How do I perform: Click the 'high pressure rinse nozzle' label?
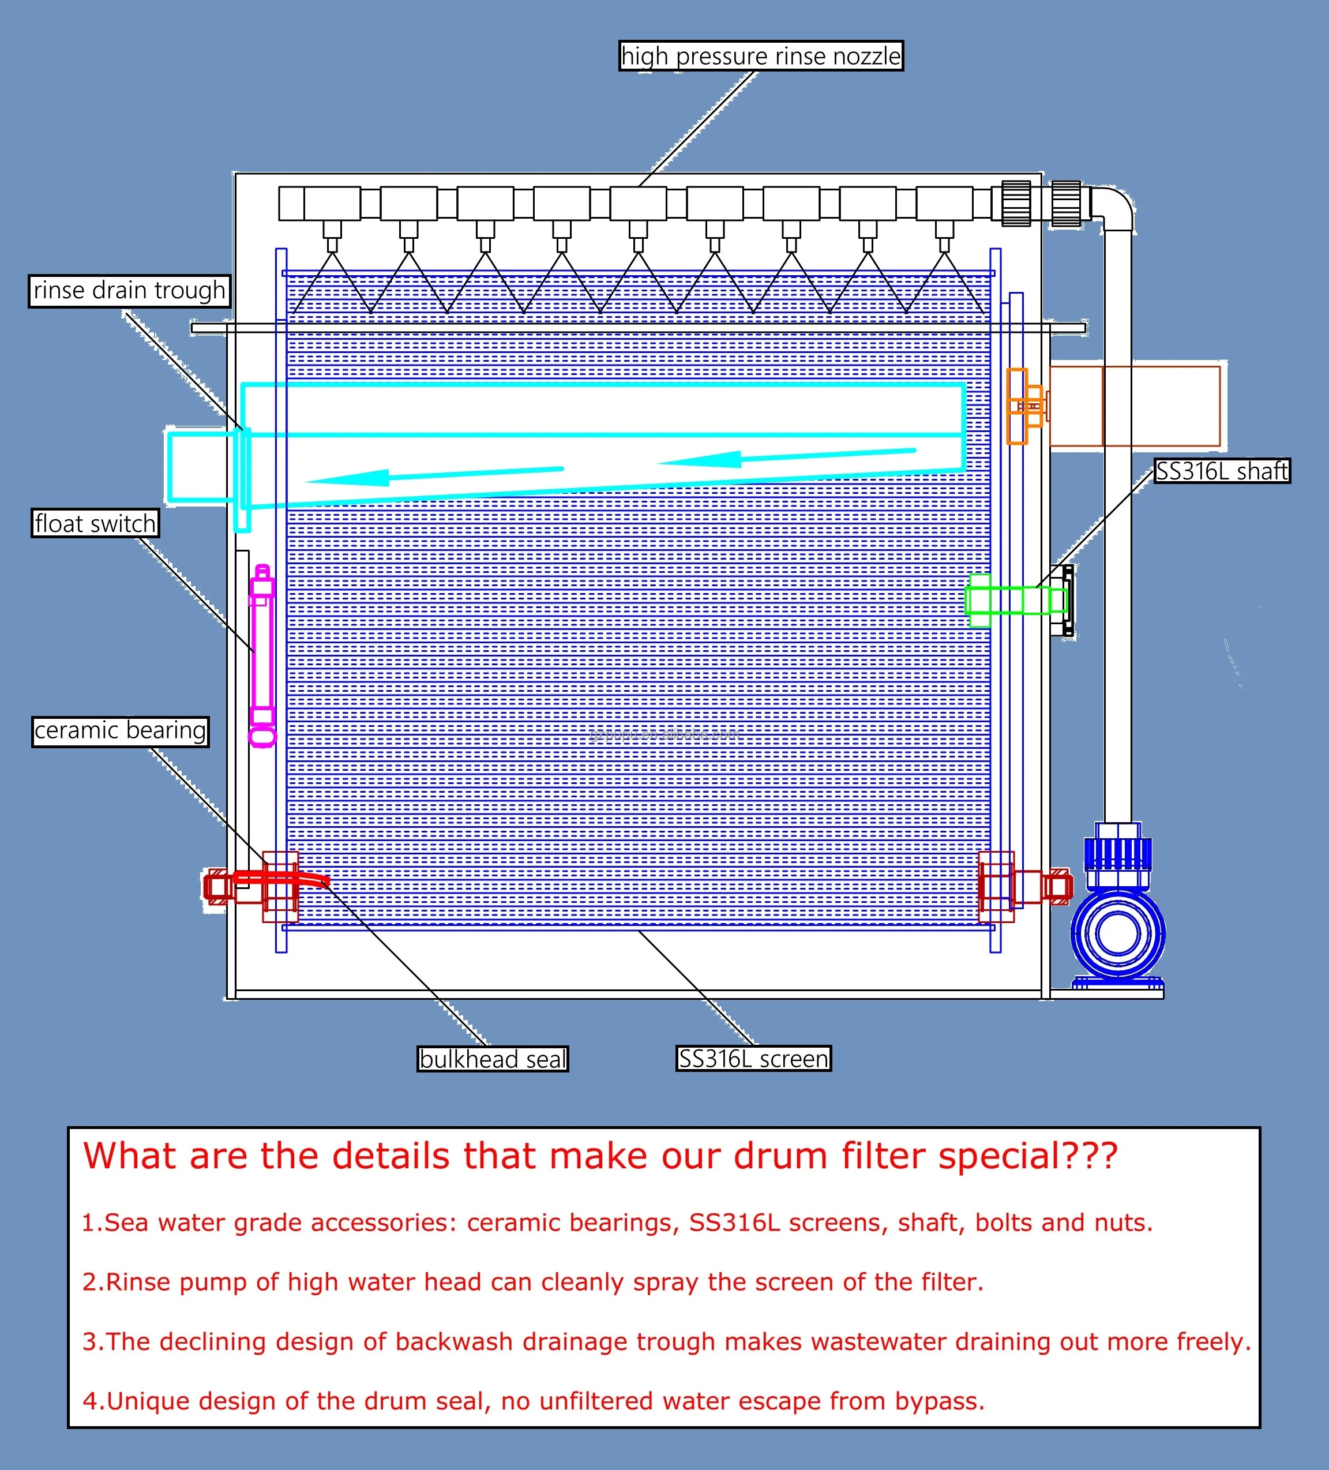coord(760,56)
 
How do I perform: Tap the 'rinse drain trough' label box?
coord(129,290)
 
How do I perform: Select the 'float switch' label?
coord(95,523)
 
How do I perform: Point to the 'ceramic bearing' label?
coord(121,730)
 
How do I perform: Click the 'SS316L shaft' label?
coord(1222,471)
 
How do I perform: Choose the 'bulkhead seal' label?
coord(493,1059)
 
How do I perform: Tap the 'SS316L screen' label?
coord(753,1058)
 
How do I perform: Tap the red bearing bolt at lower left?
coord(219,887)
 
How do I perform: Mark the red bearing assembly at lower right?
coord(1020,887)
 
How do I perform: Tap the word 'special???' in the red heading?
coord(1027,1157)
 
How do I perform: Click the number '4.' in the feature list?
coord(93,1401)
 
